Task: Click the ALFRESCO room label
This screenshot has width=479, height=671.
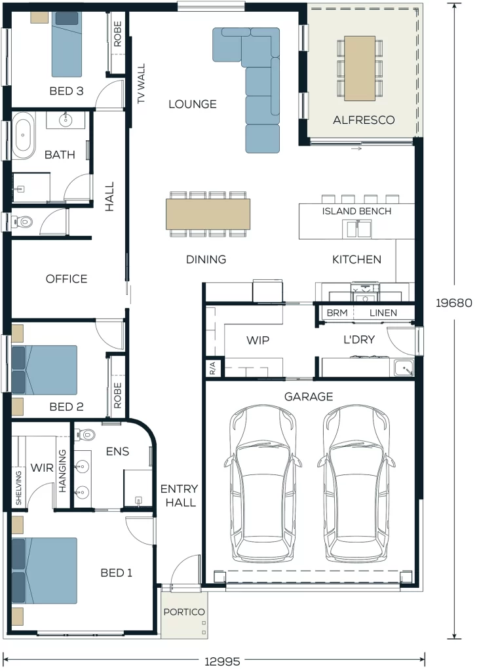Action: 364,120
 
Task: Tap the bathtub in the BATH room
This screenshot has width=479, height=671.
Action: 23,136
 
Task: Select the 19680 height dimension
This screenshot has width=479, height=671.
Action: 453,303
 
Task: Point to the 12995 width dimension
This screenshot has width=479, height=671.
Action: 223,662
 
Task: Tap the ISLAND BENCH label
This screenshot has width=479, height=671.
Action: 356,211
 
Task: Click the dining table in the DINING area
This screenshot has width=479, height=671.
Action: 208,214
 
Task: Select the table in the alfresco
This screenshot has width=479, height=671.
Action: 360,68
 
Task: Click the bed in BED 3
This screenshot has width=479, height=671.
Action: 66,44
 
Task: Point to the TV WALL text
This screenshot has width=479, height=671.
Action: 142,83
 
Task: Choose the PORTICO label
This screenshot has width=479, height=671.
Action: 184,612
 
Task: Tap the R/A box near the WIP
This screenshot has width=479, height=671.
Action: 213,368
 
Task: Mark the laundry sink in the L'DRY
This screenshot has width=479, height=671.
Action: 404,368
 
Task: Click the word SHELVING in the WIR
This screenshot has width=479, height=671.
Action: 18,488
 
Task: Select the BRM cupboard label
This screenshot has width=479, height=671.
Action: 337,313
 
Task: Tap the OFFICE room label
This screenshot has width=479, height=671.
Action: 66,279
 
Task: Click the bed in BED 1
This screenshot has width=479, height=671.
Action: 45,571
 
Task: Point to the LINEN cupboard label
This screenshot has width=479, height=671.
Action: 383,313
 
